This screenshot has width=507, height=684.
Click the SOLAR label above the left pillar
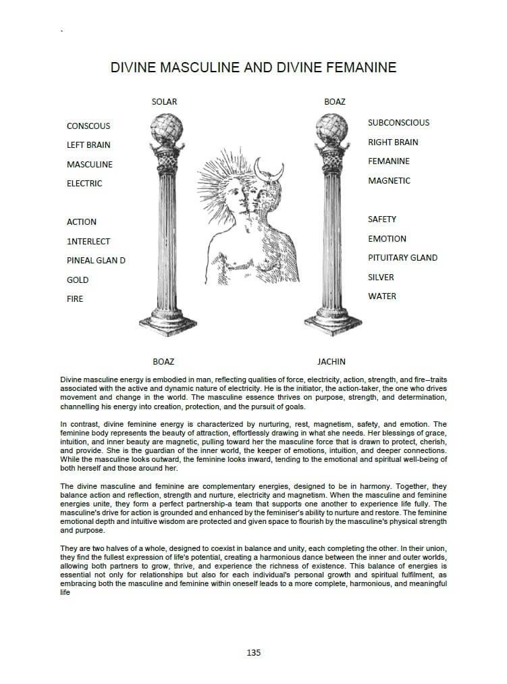164,102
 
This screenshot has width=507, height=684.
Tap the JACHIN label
331,361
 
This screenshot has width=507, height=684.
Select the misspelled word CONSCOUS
88,126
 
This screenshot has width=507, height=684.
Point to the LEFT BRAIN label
88,145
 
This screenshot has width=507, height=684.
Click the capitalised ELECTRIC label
84,184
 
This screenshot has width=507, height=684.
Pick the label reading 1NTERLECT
88,242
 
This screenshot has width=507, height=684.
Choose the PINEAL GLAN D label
96,261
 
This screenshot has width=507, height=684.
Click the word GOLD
78,280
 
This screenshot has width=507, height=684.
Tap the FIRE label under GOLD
75,299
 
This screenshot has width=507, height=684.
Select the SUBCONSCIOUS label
398,123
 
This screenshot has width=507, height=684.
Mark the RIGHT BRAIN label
393,142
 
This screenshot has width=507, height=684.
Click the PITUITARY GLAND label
402,258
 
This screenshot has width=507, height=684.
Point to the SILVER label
381,278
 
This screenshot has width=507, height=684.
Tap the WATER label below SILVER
382,296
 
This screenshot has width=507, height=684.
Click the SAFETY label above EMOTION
382,219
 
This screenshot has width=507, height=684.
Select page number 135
253,652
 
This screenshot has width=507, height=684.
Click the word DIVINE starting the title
132,68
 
